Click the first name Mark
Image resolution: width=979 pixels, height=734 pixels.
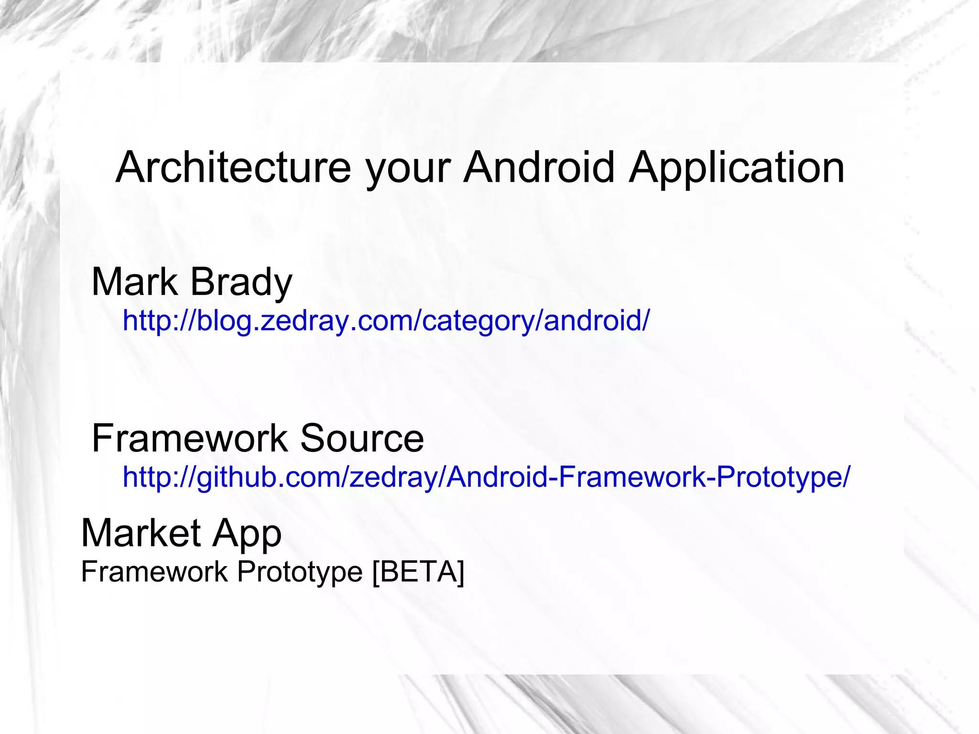(x=134, y=282)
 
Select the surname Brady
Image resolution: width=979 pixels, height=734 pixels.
(x=241, y=283)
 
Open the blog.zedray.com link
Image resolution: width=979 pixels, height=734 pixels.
(x=386, y=320)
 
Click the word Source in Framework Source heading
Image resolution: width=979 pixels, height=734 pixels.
(x=362, y=438)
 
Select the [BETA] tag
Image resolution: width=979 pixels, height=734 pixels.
(x=418, y=571)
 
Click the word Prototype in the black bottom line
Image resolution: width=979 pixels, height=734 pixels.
(x=300, y=572)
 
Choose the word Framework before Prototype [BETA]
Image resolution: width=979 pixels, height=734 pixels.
(x=154, y=571)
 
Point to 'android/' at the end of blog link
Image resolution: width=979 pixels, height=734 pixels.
(x=597, y=320)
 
